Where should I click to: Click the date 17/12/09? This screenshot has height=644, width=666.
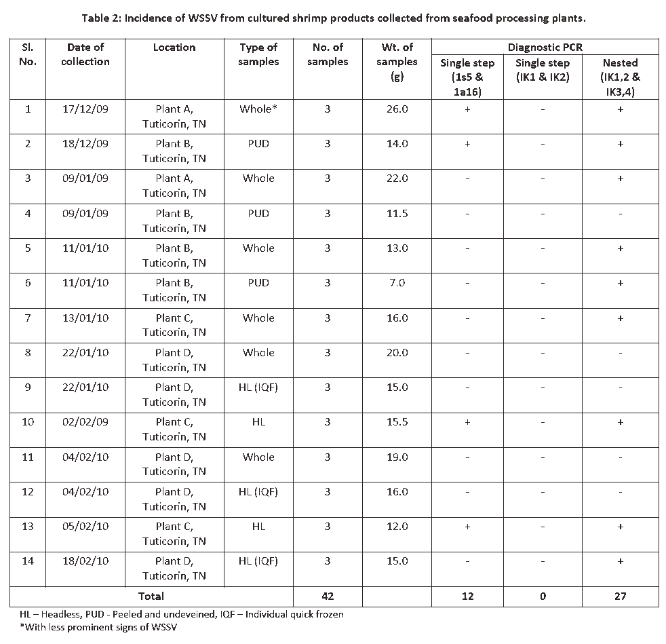coord(85,109)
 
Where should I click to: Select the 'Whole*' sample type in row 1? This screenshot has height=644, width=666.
coord(258,109)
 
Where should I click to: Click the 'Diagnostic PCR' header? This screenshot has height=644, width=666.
coord(545,48)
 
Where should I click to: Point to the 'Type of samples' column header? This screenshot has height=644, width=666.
coord(258,54)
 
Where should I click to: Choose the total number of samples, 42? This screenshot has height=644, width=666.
coord(327,596)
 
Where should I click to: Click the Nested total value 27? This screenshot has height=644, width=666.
coord(619,596)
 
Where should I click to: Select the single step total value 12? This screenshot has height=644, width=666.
coord(467,596)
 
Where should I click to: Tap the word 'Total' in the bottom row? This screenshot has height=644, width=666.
coord(151,596)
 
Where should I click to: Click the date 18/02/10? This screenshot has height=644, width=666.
coord(85,561)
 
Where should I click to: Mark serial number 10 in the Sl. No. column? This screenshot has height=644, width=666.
coord(28,422)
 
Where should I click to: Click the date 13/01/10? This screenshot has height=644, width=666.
coord(85,318)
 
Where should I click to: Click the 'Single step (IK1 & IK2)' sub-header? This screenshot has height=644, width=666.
coord(542,69)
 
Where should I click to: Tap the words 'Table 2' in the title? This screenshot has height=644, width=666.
coord(102,18)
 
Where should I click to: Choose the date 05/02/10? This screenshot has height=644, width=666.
coord(85,527)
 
